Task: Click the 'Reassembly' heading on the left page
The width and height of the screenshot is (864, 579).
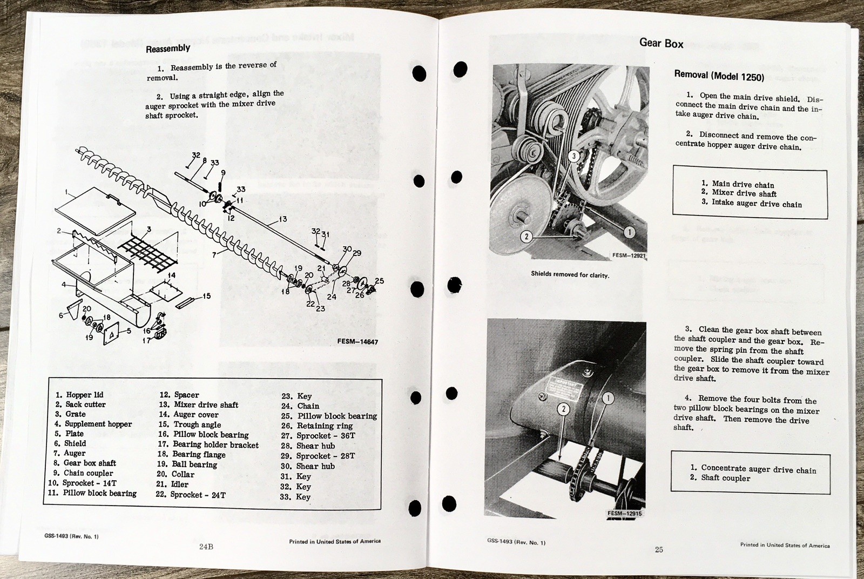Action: coord(168,48)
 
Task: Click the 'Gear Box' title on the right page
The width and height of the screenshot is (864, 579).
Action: coord(661,43)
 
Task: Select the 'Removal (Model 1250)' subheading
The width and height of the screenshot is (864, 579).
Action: coord(719,76)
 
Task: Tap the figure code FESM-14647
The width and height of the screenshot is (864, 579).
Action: coord(357,341)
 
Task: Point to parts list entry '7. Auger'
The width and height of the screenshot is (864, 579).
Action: coord(70,453)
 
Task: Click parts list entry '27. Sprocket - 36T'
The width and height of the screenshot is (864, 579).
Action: coord(318,436)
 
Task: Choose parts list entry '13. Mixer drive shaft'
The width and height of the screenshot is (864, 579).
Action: coord(198,405)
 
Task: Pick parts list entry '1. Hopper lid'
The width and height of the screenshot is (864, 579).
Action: coord(79,395)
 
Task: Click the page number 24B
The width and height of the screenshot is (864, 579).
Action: coord(206,547)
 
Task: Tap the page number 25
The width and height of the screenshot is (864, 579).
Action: coord(659,550)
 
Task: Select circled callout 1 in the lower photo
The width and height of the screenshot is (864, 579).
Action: coord(607,399)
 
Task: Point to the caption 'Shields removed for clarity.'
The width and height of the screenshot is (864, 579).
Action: coord(570,275)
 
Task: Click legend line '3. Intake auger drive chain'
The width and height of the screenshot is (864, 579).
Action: coord(751,203)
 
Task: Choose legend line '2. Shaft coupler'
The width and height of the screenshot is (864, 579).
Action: coord(720,477)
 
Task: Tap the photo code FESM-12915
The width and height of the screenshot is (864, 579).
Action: coord(624,514)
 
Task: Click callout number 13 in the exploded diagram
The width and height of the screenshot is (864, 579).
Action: coord(282,219)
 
